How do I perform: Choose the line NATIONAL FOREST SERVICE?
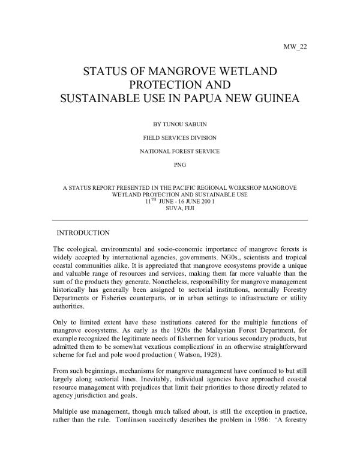click(x=179, y=151)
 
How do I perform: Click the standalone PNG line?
click(x=180, y=163)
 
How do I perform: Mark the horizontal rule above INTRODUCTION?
click(x=180, y=220)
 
